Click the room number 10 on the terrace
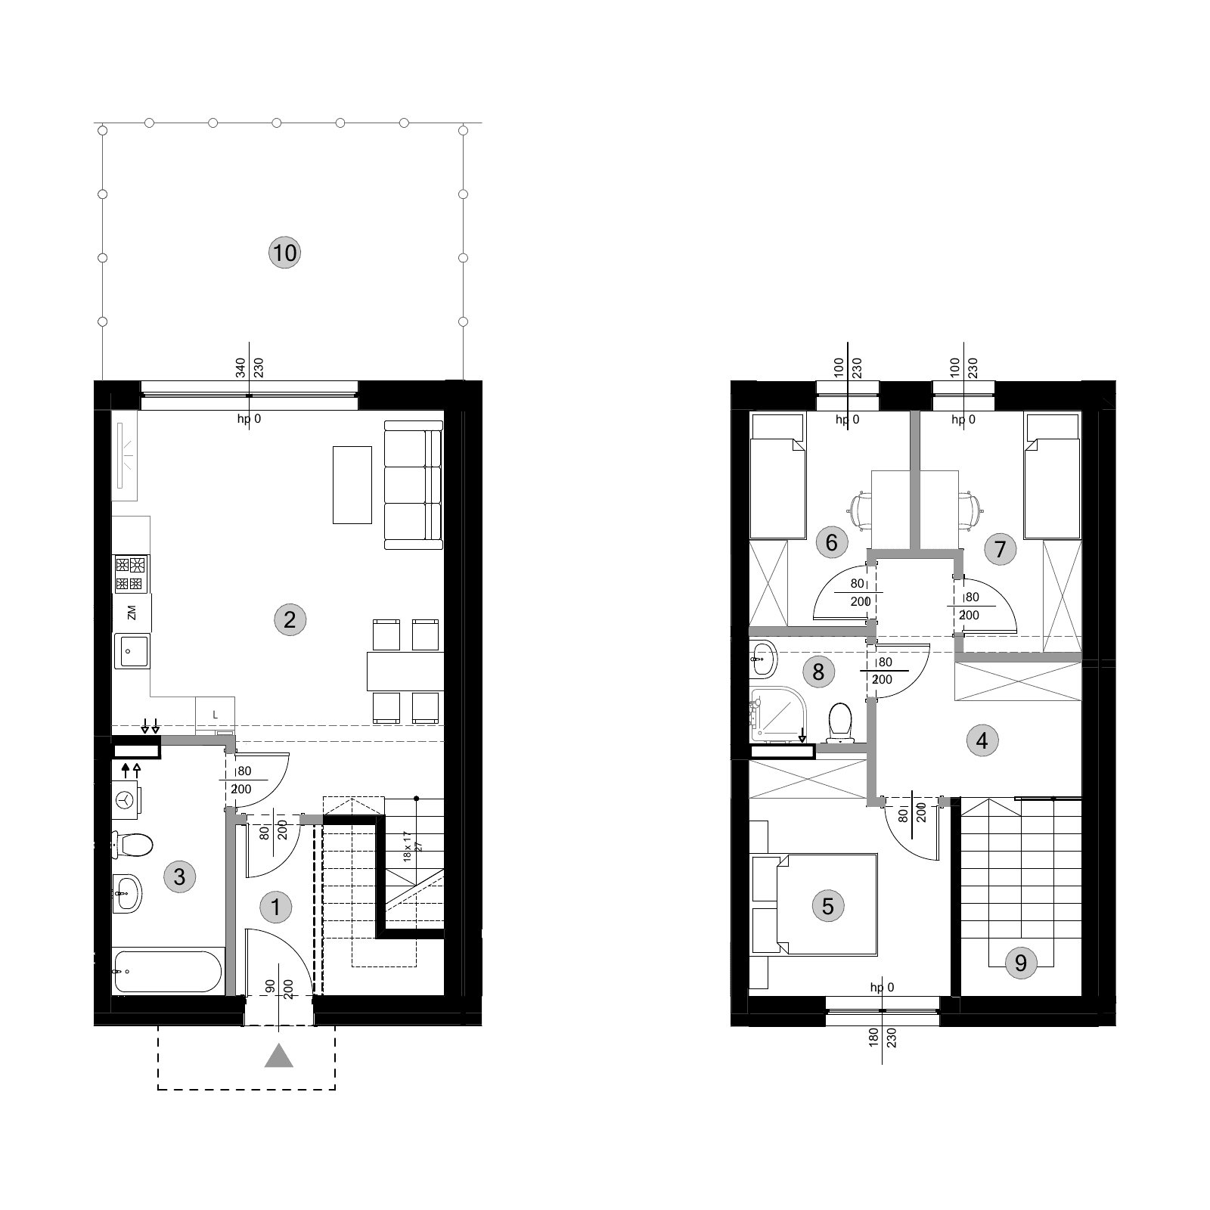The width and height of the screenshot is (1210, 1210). coord(284,252)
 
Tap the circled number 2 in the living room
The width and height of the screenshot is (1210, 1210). coord(289,620)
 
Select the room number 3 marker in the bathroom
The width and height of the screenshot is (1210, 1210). coord(179,876)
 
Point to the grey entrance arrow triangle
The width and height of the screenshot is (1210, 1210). coord(278,1056)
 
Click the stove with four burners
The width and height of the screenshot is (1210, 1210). coord(131,574)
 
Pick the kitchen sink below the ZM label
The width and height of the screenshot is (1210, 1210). coord(132,651)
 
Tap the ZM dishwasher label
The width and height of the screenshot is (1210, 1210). coord(132,613)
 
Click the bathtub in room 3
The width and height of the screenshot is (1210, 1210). coord(168,971)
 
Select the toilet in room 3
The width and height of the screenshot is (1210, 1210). coord(133,845)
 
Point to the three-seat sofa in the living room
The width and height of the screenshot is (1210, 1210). coord(413,485)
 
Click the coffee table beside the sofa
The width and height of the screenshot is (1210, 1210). coord(352,485)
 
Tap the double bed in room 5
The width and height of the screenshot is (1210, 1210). coord(827,904)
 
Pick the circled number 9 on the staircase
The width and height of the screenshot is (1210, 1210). coord(1021,963)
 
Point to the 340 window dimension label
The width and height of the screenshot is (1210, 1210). coord(240,369)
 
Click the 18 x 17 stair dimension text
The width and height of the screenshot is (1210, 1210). coord(407,846)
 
